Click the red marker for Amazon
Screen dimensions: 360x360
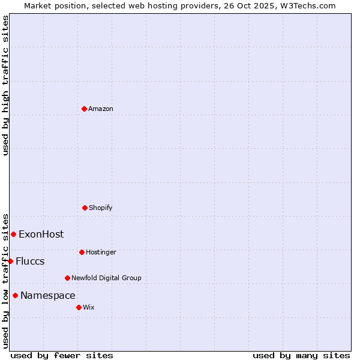(84, 109)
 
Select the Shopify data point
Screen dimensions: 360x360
(85, 208)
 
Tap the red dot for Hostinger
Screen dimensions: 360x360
(82, 252)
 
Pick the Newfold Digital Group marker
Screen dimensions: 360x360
(67, 278)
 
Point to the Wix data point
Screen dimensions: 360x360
(79, 307)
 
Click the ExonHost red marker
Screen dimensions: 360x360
(13, 234)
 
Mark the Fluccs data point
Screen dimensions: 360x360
(10, 261)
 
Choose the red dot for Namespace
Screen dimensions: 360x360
(15, 295)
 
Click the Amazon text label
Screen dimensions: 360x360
(101, 109)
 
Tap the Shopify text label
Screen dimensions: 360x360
(101, 208)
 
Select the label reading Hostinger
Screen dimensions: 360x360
(101, 253)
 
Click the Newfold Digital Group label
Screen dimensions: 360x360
(106, 278)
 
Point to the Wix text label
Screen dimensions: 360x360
(89, 308)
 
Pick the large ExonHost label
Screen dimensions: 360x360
(41, 235)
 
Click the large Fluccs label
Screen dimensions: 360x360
(30, 262)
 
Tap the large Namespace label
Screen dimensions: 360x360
(48, 296)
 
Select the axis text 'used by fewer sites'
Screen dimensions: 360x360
(62, 355)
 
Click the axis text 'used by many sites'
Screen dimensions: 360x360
(301, 355)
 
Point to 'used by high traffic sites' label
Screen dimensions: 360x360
(5, 85)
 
